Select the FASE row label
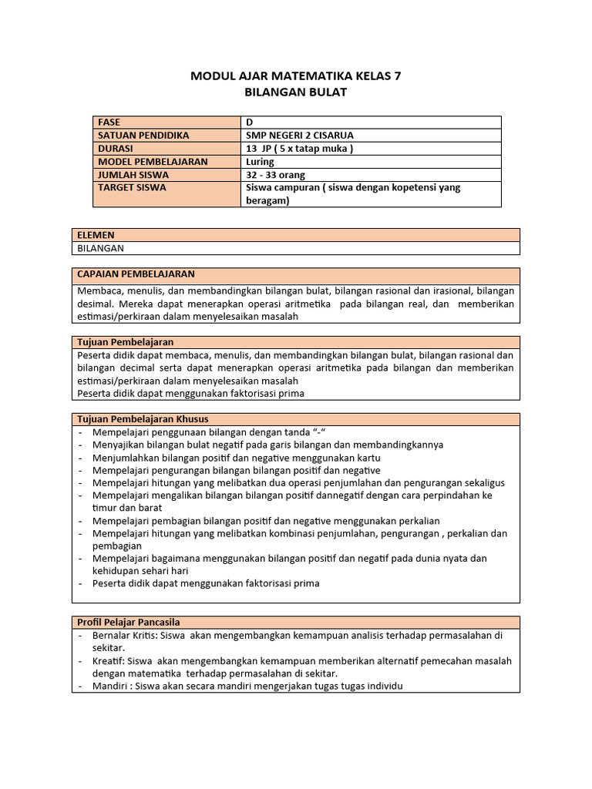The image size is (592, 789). point(109,123)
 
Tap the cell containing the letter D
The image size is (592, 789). point(249,123)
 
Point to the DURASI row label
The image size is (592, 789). point(115,149)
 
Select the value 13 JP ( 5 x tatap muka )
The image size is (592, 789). point(299,149)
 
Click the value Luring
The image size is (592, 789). point(259,162)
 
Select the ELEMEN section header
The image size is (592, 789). point(96,235)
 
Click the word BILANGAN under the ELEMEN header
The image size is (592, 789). point(101,248)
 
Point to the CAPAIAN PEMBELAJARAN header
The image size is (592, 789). point(136,274)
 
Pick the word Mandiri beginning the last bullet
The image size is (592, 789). point(111,687)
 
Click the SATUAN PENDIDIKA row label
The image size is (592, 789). point(143,136)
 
